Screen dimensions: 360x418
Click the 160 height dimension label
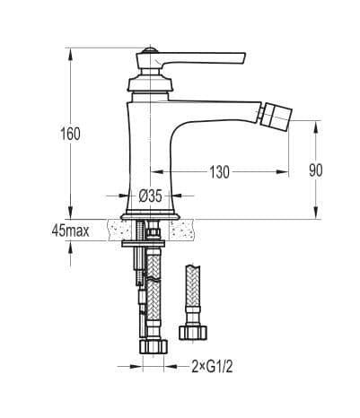coord(70,134)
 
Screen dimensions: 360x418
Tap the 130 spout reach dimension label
coord(219,172)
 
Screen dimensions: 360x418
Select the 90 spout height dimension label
coord(316,170)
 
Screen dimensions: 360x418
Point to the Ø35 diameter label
coord(150,196)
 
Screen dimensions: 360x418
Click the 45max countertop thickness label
coord(70,231)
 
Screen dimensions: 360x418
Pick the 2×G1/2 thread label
coord(212,367)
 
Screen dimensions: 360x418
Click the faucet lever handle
coord(190,60)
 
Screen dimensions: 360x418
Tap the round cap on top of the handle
coord(150,50)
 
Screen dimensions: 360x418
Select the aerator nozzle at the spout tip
coord(276,116)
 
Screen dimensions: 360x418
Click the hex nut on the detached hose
coord(193,333)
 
